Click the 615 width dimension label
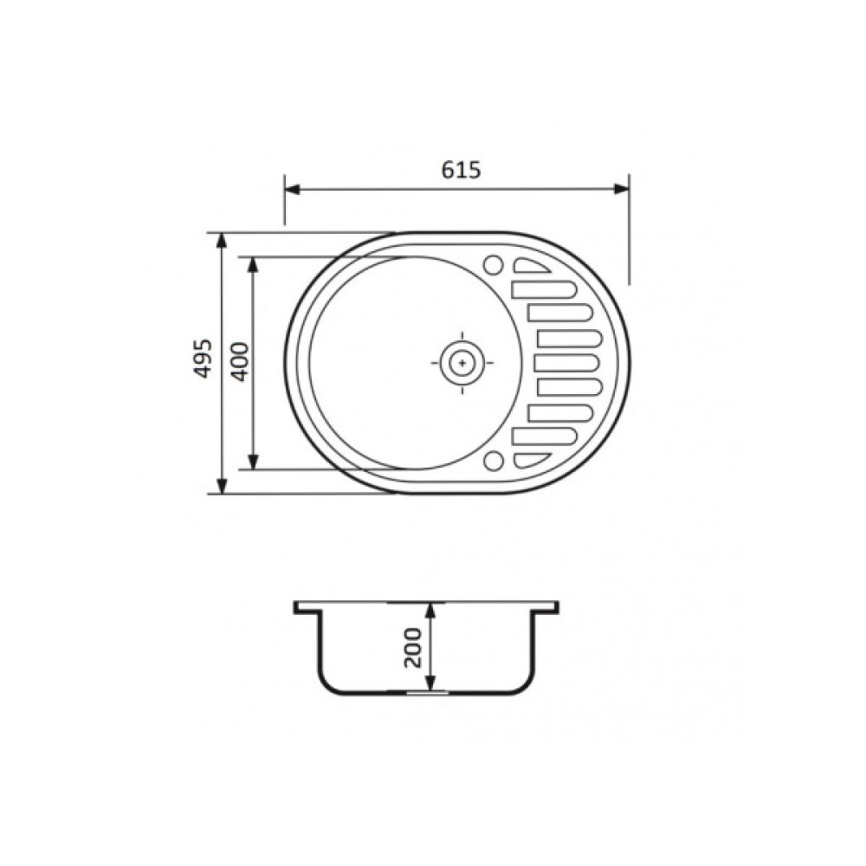point(461,170)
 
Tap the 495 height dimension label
point(204,359)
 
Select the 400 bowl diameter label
point(240,362)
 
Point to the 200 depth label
point(412,647)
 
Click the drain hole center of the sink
point(462,363)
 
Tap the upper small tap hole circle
point(494,265)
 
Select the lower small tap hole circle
point(494,462)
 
